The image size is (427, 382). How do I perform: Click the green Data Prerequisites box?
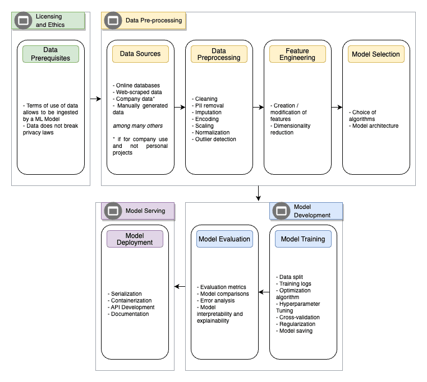point(50,54)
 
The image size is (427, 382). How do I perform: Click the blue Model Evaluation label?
point(224,239)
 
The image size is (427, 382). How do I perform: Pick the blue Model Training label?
point(303,239)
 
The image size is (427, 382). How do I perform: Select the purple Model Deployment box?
point(135,239)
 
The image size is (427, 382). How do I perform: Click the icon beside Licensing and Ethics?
point(23,21)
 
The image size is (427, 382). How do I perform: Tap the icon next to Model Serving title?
point(113,211)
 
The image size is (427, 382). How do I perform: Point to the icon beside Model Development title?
point(281,211)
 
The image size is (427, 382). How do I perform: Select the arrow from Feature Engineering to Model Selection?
point(337,107)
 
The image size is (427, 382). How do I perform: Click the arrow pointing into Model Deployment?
point(180,286)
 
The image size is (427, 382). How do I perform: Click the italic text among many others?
point(137,125)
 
